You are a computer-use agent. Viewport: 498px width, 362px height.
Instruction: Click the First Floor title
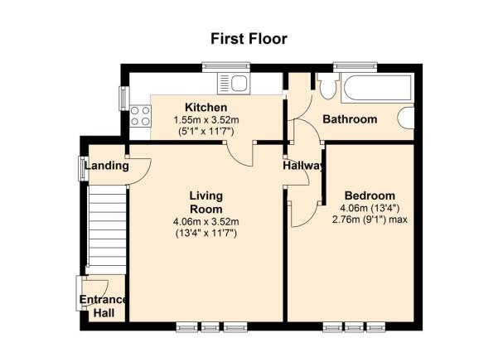249,39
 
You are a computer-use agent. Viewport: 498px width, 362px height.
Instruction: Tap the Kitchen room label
205,108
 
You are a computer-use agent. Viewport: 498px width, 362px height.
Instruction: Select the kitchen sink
234,84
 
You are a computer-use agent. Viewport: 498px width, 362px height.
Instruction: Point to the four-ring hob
140,116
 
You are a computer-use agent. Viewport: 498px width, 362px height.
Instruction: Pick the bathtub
377,88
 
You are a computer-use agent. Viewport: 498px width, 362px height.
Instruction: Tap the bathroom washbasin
406,118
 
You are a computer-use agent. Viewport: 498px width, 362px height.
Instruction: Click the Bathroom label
350,119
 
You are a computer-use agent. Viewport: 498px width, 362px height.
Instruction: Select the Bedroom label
370,195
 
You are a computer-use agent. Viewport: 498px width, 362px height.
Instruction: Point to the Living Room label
206,202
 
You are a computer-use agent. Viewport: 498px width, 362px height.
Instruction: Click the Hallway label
303,166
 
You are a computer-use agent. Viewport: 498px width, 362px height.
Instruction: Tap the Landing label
107,166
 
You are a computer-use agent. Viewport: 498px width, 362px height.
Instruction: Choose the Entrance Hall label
104,306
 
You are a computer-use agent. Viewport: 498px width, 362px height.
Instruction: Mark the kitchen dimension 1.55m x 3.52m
206,120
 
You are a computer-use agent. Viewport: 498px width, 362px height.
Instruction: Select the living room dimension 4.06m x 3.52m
206,221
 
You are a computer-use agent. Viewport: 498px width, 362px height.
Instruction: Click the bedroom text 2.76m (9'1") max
370,220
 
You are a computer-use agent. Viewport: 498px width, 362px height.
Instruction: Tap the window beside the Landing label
84,168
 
